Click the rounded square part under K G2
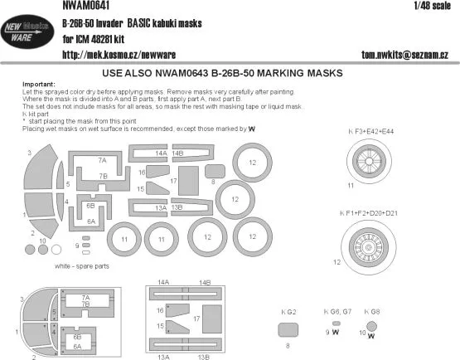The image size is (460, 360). (x=287, y=329)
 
